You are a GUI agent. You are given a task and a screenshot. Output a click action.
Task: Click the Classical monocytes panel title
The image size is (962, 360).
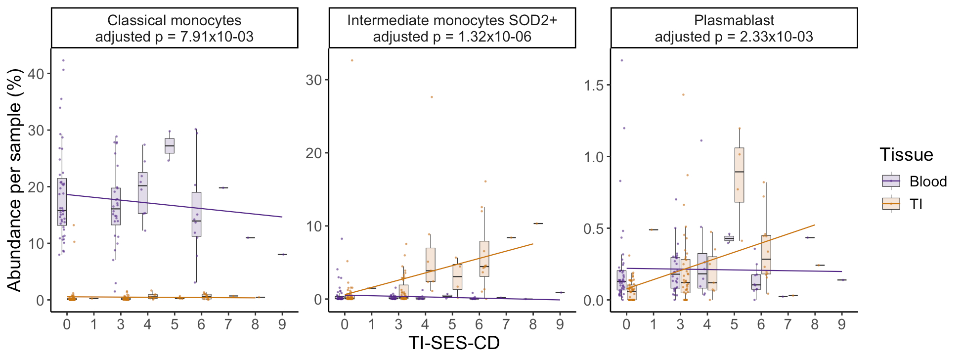tap(175, 28)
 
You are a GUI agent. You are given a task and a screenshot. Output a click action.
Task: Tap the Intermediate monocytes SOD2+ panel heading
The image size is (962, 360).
tap(452, 28)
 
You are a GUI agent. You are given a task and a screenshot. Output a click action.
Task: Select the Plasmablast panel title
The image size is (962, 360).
tap(734, 28)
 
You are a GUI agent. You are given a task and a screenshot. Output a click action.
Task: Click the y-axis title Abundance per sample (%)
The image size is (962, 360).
tap(14, 180)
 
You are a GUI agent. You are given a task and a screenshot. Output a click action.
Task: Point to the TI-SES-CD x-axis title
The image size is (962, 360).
tap(454, 343)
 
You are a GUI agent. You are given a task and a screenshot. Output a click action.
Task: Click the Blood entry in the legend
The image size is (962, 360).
tap(928, 181)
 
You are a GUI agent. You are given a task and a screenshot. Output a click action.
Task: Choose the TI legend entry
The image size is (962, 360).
tap(916, 204)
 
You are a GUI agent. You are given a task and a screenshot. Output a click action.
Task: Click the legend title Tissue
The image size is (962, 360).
tap(906, 155)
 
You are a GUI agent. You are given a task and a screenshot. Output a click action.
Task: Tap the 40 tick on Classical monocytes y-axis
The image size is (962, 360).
tap(36, 74)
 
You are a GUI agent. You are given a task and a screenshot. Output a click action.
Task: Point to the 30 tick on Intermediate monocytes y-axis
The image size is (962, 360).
tap(313, 80)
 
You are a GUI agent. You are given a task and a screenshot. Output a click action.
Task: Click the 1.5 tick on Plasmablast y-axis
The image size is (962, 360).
tap(593, 86)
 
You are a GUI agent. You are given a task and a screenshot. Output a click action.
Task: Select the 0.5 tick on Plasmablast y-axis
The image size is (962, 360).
tap(593, 228)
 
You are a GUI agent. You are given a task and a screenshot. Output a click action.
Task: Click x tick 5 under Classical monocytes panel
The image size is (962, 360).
tap(175, 324)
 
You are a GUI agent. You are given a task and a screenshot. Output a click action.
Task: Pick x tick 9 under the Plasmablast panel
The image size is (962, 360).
tap(841, 324)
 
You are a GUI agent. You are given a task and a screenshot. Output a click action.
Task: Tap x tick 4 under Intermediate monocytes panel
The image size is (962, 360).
tap(425, 324)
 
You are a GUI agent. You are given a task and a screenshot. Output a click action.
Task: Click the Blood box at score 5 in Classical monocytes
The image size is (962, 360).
tap(170, 146)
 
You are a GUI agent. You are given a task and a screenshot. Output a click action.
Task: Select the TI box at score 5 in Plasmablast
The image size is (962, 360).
tap(739, 175)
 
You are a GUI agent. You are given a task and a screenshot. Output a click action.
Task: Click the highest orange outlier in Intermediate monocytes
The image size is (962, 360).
tap(352, 60)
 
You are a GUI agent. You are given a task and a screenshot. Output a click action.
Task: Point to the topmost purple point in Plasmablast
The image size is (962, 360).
tap(621, 60)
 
